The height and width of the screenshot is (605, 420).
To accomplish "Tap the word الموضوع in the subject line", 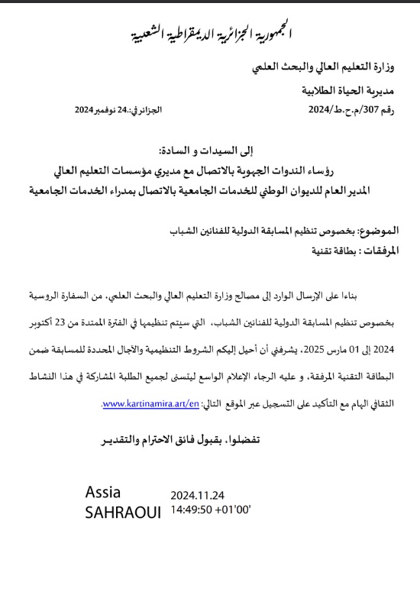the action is click(x=392, y=230).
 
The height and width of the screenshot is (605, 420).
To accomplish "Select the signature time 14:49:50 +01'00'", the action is click(x=211, y=508).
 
